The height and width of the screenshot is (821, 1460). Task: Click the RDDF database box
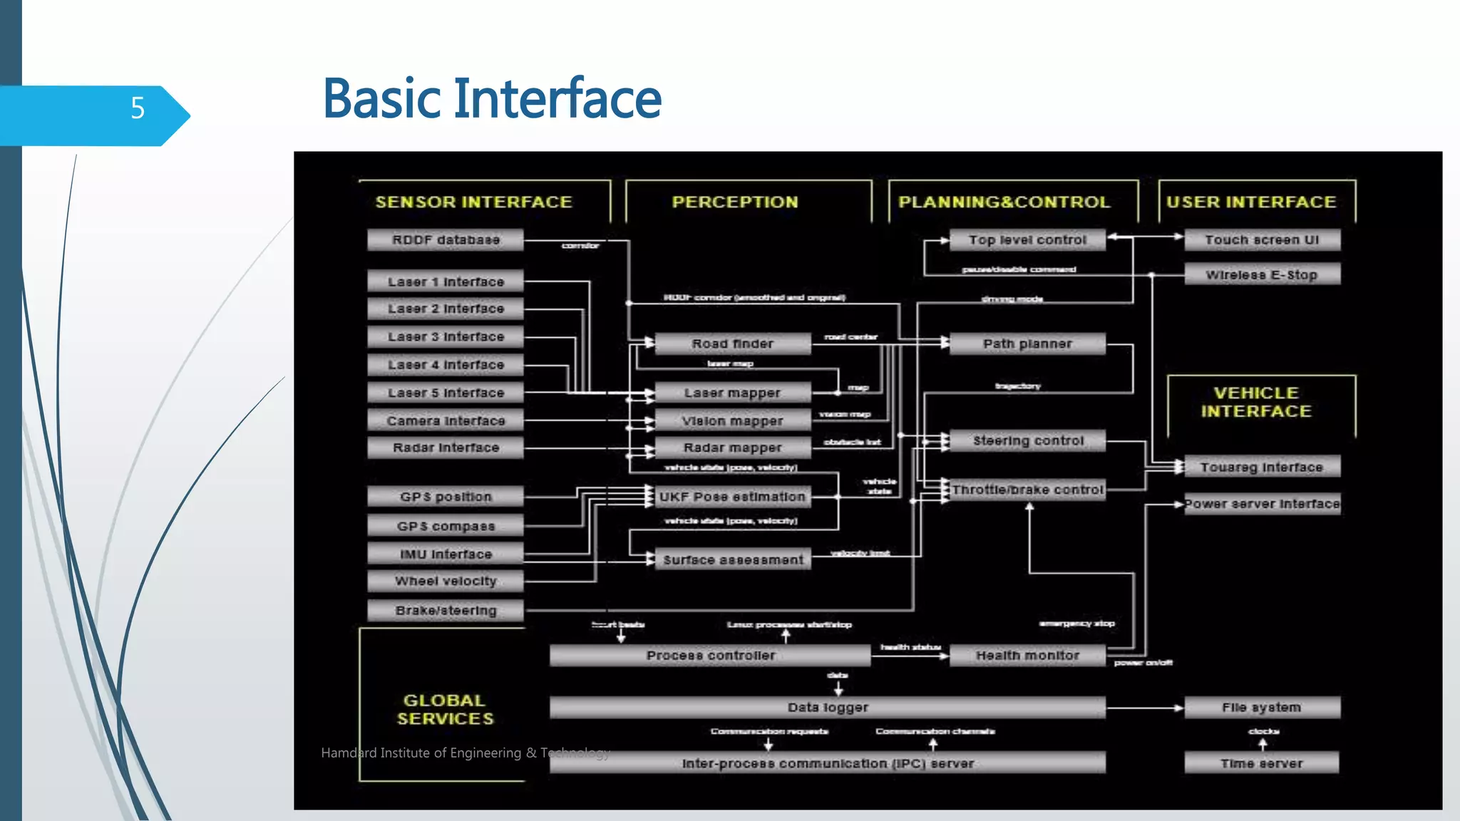point(446,240)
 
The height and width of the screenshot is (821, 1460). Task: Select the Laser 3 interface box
point(446,336)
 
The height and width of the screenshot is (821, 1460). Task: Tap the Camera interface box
point(446,420)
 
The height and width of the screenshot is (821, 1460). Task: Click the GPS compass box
point(446,526)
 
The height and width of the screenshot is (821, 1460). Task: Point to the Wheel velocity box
point(446,581)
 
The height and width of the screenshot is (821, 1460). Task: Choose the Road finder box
point(732,344)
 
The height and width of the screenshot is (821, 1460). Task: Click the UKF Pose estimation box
point(732,497)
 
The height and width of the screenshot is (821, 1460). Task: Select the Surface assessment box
point(732,559)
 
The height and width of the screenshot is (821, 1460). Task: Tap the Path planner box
point(1027,344)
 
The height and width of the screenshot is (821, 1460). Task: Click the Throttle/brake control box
point(1027,490)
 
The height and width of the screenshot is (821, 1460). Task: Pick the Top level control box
point(1027,240)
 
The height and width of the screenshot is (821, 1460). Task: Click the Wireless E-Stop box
point(1262,274)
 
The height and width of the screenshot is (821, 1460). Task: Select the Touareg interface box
point(1262,467)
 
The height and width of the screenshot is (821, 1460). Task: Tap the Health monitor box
point(1027,655)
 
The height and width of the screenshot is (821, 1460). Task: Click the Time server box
point(1262,763)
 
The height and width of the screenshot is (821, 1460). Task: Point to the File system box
point(1262,708)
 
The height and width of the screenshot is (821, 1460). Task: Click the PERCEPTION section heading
point(735,202)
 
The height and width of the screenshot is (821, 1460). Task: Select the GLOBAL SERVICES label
point(445,709)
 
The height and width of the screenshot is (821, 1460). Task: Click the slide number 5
point(138,108)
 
